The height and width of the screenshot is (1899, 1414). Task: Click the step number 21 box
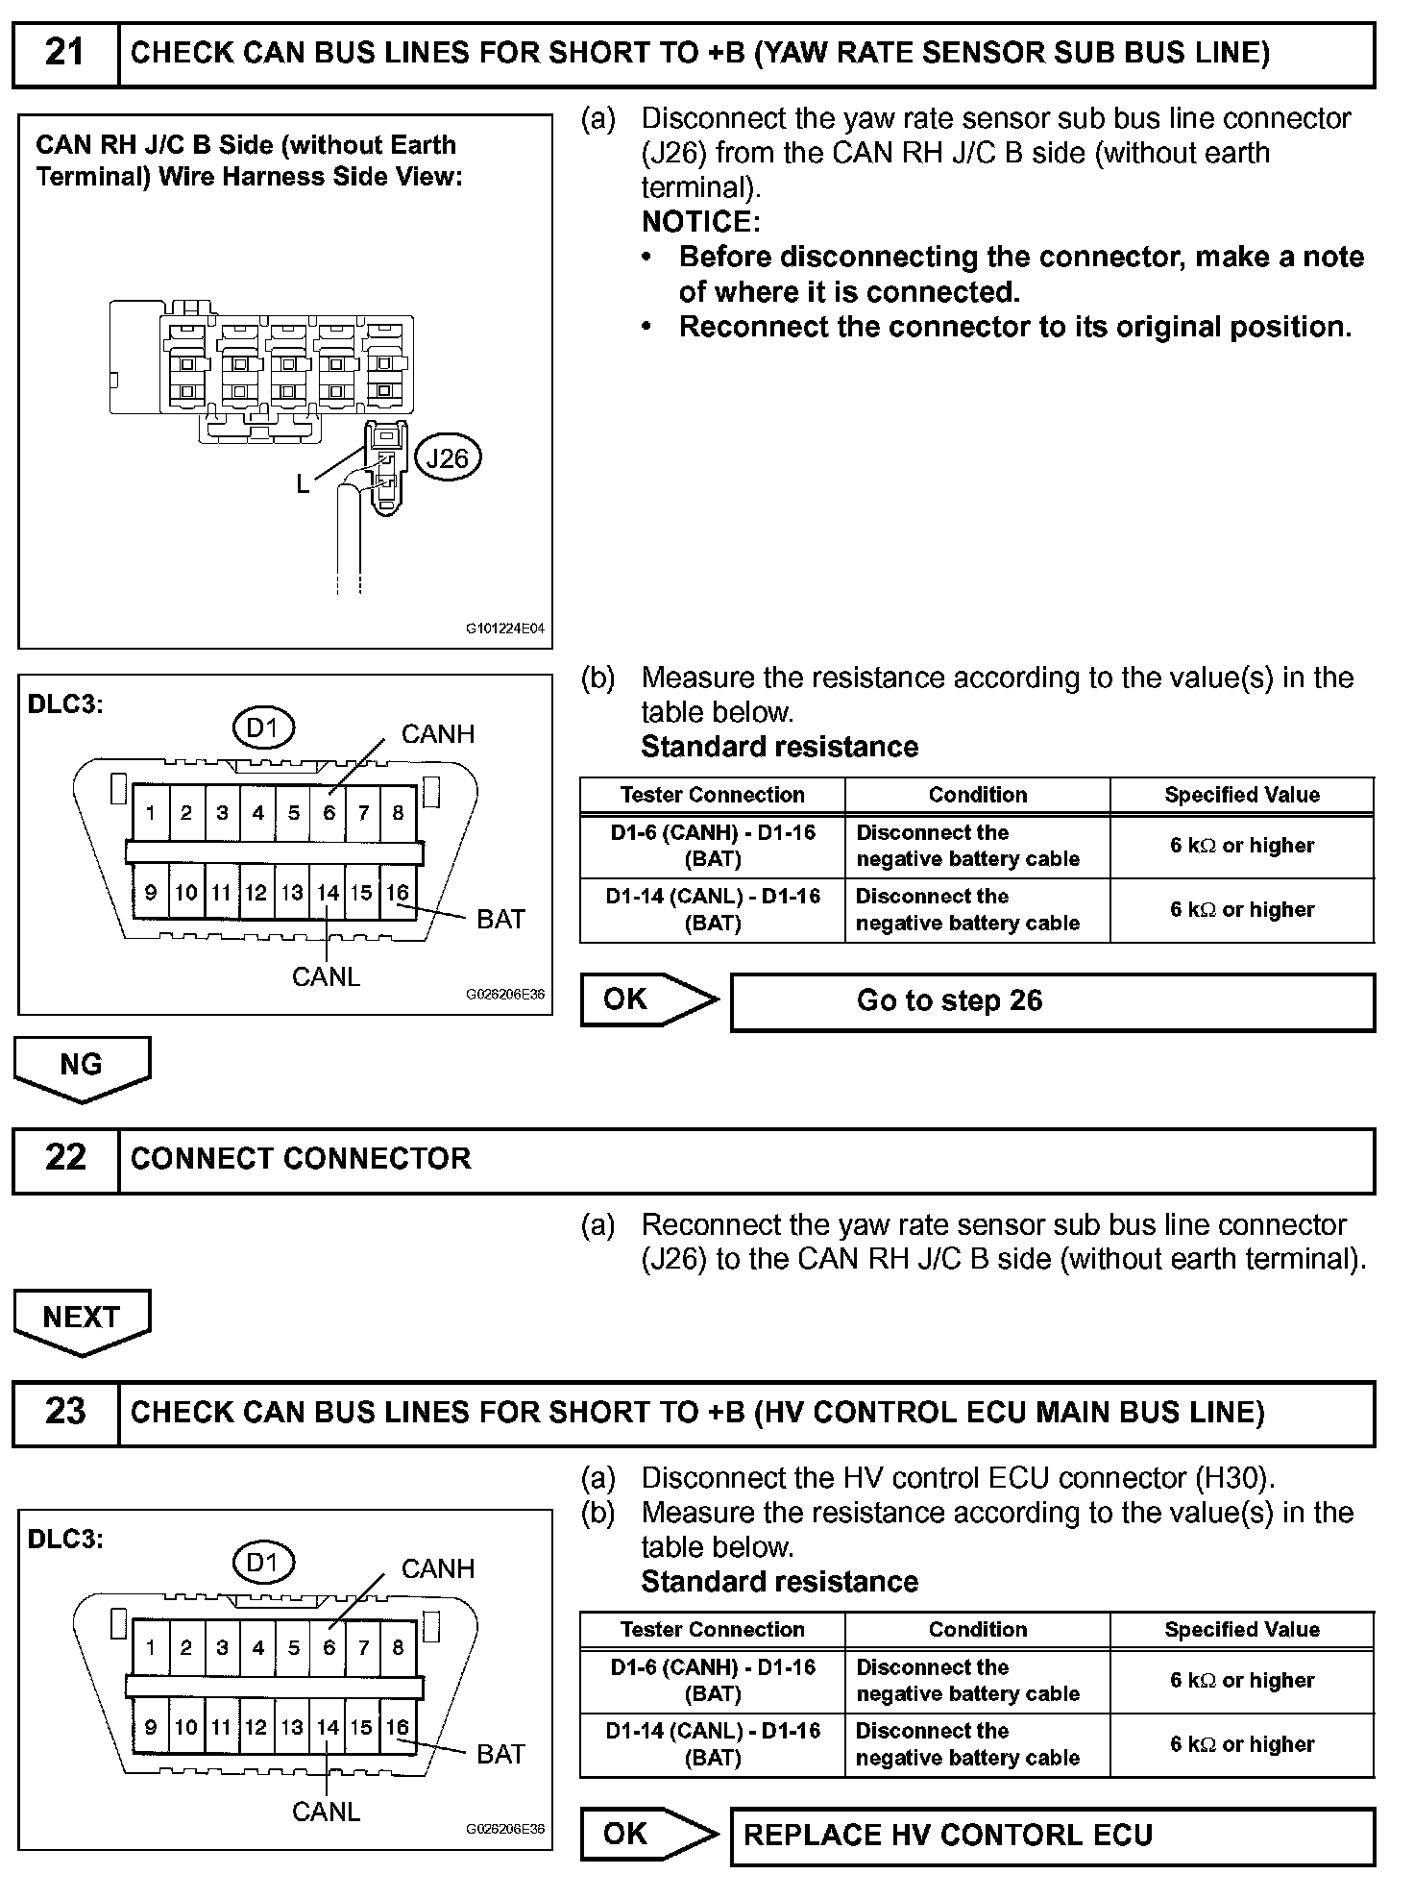(65, 54)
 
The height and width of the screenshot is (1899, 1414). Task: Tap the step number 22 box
(65, 1159)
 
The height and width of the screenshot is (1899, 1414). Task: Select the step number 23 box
(65, 1413)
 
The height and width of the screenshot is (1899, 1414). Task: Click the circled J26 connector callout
(447, 458)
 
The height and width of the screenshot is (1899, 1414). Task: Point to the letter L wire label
(303, 484)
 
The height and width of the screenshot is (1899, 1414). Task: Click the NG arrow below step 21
(82, 1067)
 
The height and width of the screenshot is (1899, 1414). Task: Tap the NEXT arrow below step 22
(82, 1319)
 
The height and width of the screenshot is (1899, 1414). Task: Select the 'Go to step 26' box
(1052, 1001)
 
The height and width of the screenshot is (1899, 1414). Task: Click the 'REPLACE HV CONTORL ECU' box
(1052, 1836)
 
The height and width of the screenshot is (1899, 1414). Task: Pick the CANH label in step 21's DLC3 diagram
(438, 734)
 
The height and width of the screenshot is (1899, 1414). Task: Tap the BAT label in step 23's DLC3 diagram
(500, 1754)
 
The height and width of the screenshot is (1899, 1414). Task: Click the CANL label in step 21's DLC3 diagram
(326, 977)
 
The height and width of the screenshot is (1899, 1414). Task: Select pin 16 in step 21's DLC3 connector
(398, 893)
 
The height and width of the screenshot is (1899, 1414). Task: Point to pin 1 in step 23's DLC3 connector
(151, 1647)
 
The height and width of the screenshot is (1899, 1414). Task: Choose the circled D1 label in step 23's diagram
(262, 1563)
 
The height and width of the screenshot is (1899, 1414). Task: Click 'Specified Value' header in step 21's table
(1242, 795)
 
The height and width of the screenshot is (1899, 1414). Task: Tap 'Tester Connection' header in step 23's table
(713, 1630)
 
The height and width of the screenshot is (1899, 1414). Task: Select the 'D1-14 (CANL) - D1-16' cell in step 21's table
(713, 909)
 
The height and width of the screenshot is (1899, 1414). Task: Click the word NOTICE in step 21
(700, 222)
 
